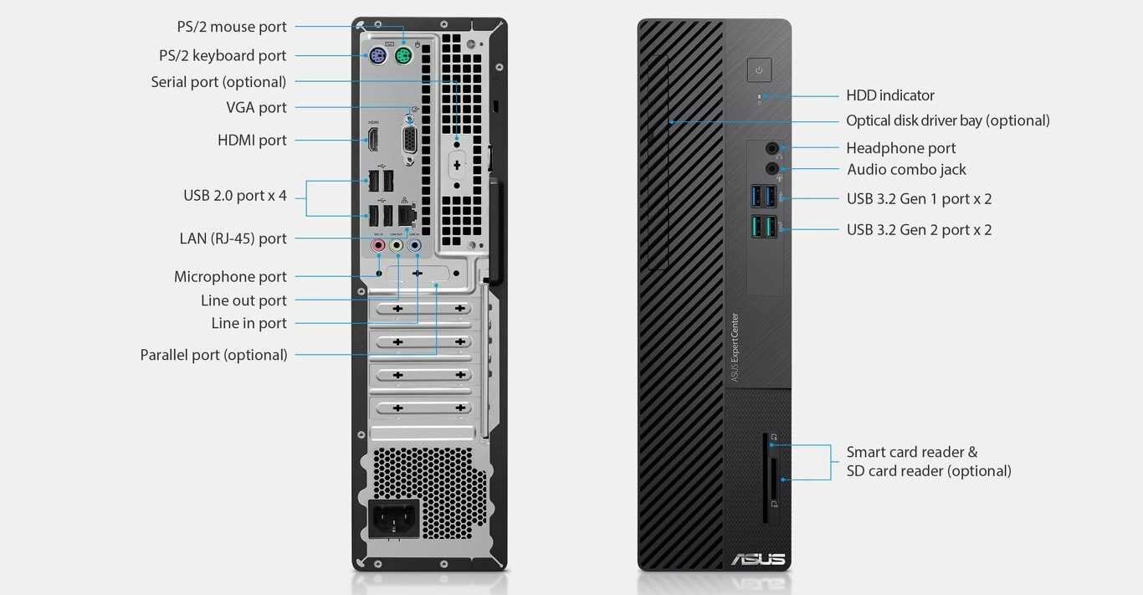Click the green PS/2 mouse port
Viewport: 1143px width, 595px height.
403,58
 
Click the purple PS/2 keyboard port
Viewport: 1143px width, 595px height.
377,58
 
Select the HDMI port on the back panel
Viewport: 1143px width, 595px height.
373,140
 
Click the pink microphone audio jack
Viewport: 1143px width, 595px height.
377,246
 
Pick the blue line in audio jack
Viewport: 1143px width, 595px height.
415,246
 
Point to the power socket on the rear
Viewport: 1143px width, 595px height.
394,519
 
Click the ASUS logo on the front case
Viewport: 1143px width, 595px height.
758,559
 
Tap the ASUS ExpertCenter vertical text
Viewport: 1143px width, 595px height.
735,347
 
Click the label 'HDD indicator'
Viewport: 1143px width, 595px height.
890,95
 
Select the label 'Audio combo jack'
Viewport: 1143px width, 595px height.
906,170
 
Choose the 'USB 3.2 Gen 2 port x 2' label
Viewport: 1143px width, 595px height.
919,230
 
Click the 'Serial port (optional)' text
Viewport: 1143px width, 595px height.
218,82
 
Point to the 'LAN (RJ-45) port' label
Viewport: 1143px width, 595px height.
233,239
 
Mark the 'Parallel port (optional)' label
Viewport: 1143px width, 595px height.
213,355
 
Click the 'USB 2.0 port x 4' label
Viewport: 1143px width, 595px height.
235,196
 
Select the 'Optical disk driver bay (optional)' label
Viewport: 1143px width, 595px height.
947,121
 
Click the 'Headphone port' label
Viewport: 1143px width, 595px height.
900,148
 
